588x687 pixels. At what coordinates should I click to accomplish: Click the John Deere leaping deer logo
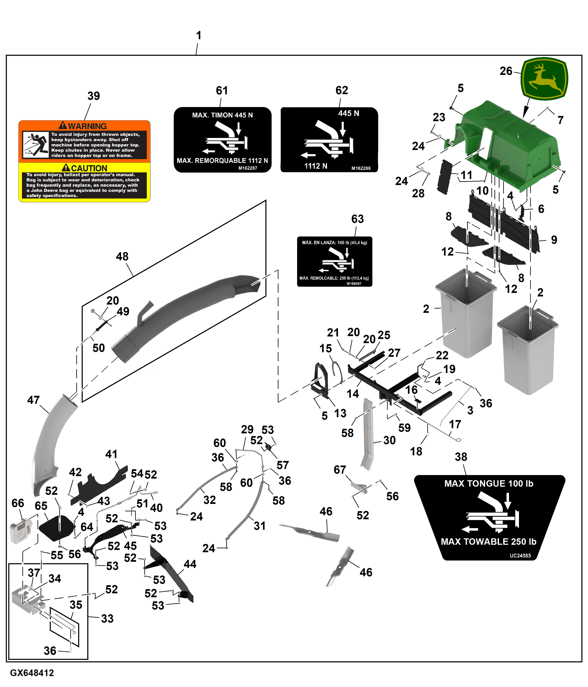click(544, 79)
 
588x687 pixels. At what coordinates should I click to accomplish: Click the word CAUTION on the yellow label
click(89, 168)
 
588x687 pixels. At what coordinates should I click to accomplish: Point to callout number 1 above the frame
click(198, 36)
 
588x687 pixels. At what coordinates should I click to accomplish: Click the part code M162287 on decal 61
click(248, 168)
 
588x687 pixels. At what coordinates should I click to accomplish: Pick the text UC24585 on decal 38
click(520, 555)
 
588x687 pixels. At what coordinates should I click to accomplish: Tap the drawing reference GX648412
click(32, 673)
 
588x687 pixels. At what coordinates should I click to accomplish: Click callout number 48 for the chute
click(122, 256)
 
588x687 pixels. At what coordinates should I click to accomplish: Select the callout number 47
click(33, 400)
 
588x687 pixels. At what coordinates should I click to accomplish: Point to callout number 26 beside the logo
click(506, 71)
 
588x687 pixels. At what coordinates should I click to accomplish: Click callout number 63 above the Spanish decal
click(357, 219)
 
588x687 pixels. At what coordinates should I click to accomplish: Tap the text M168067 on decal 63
click(354, 283)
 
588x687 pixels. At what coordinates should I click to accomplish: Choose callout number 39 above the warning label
click(93, 96)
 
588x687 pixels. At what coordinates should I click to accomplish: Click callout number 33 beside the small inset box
click(107, 618)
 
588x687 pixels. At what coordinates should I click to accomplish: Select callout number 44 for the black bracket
click(190, 564)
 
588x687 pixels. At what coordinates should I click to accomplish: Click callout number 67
click(340, 470)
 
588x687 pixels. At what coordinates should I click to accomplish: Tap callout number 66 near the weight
click(18, 503)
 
